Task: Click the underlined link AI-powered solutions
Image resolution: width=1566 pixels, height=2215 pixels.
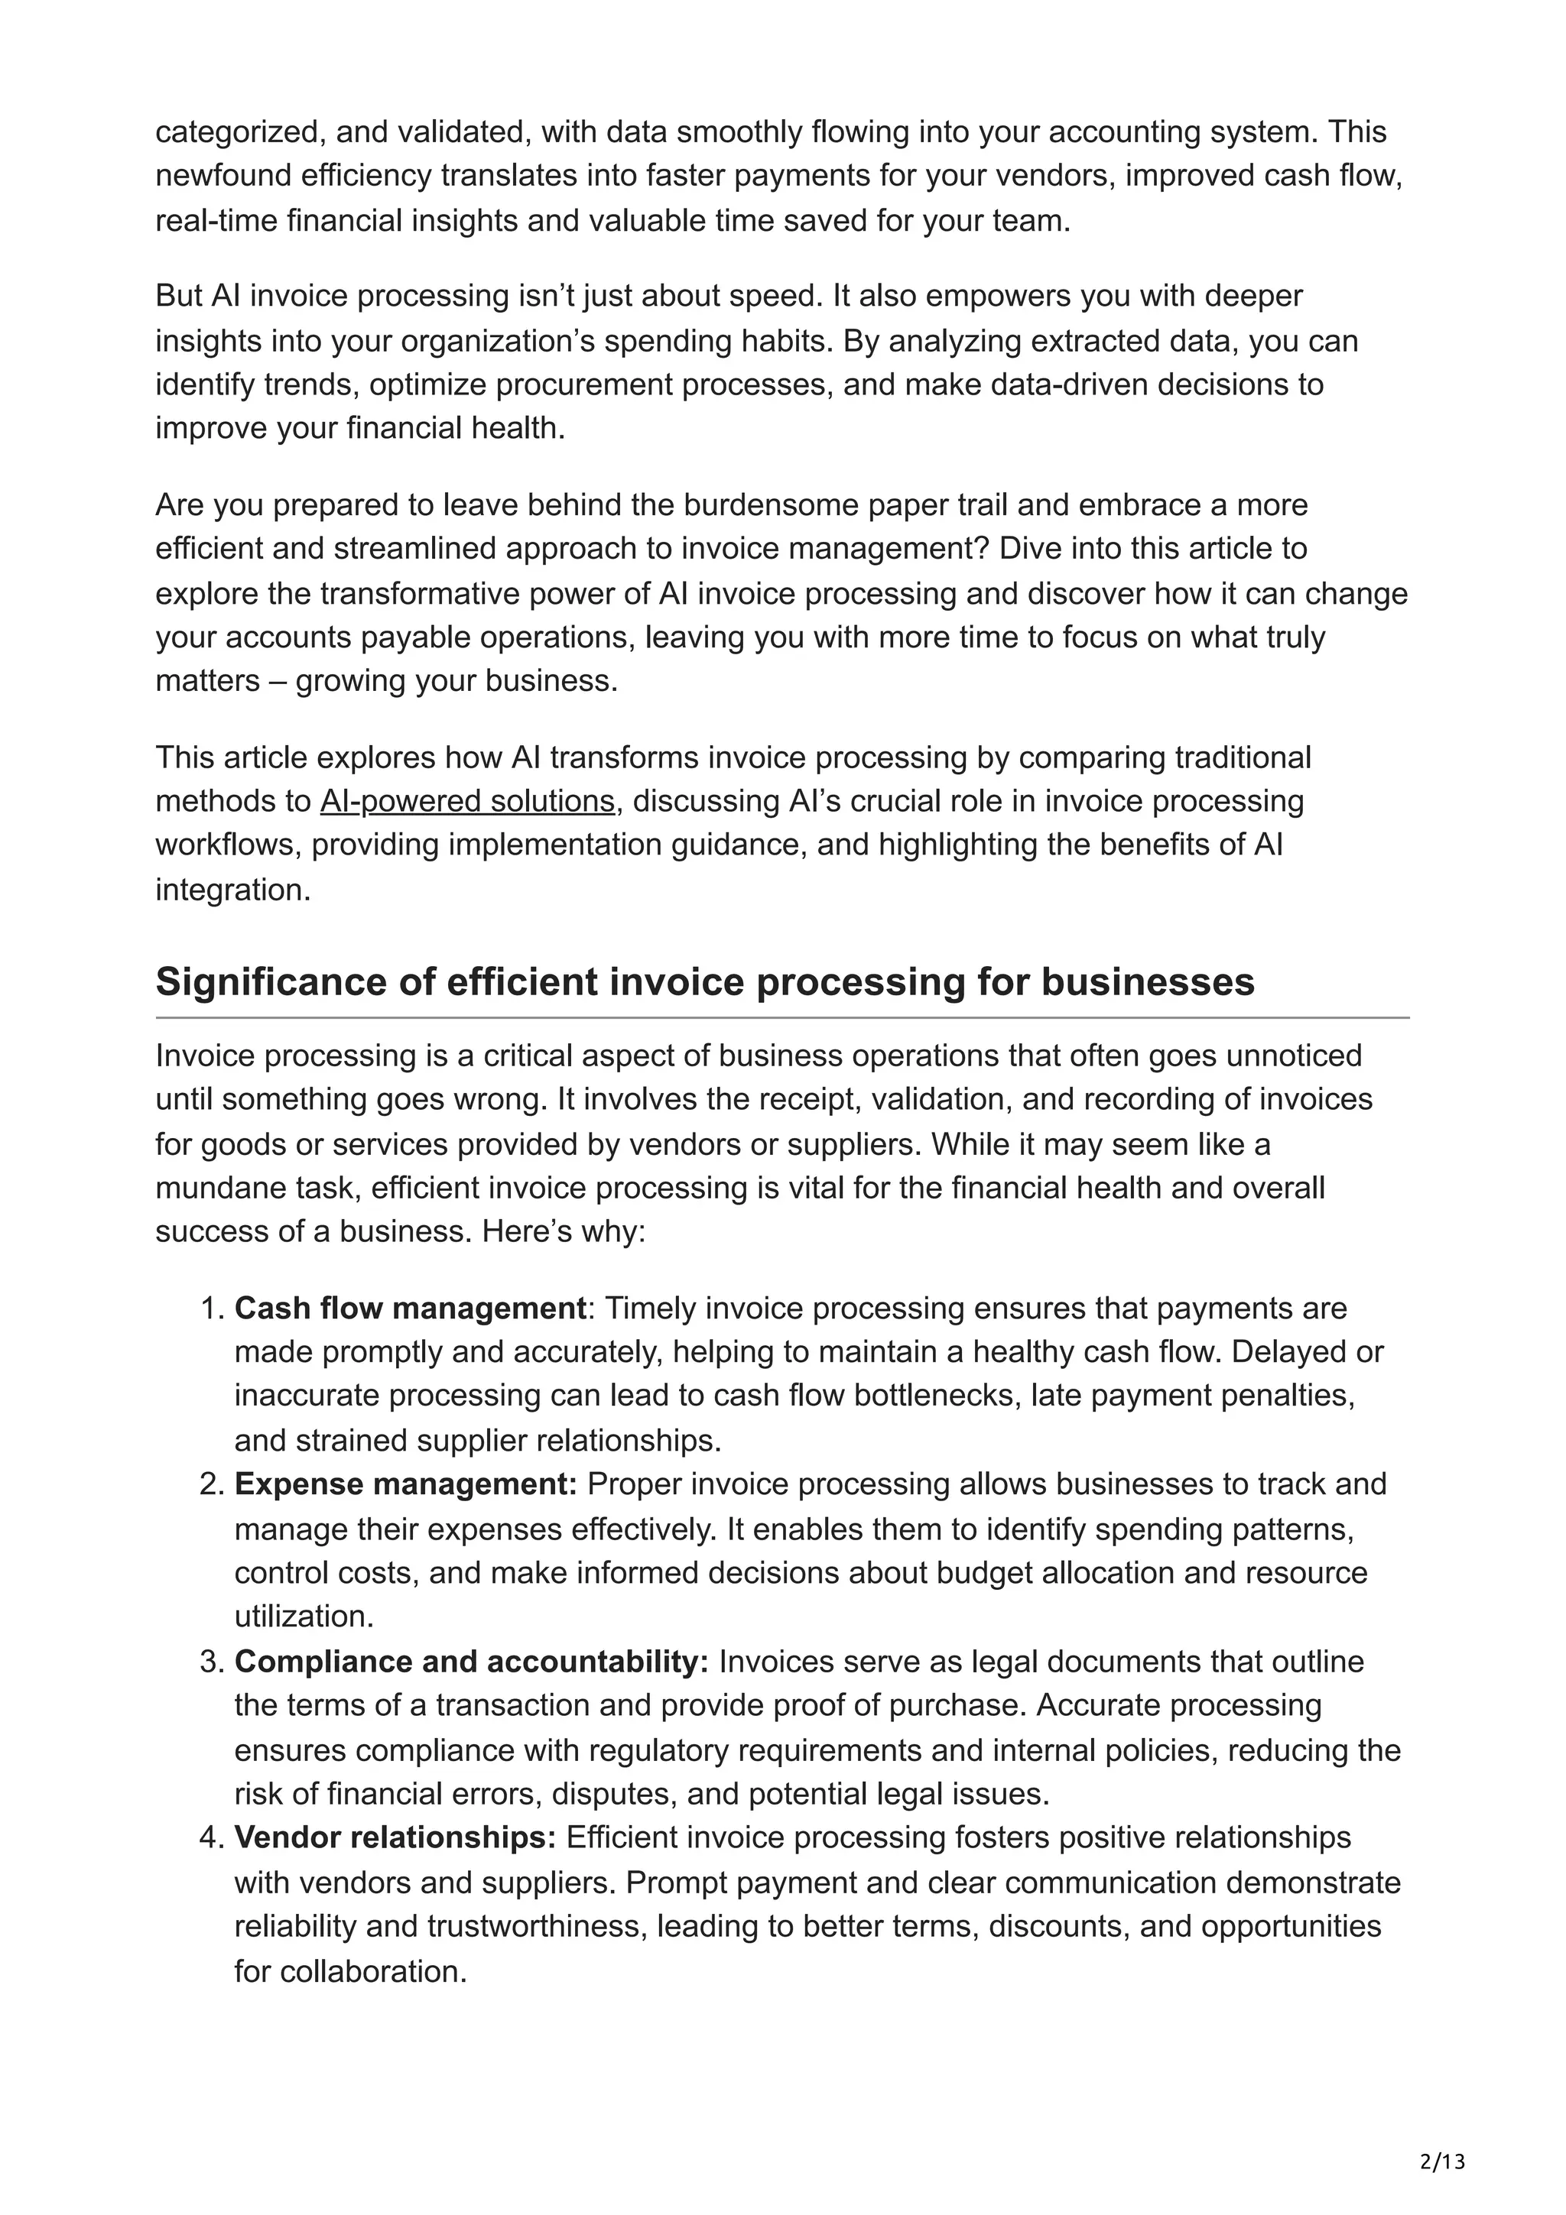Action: coord(467,801)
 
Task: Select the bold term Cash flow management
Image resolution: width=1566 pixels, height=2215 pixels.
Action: coord(410,1309)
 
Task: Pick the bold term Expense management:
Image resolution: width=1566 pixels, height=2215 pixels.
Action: coord(405,1484)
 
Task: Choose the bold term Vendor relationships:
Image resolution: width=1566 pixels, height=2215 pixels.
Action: coord(395,1837)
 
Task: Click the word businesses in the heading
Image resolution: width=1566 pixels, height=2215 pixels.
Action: coord(1147,981)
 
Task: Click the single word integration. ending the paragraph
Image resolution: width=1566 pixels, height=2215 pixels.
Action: coord(232,890)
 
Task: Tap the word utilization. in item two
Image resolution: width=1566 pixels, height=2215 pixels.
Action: coord(304,1616)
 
